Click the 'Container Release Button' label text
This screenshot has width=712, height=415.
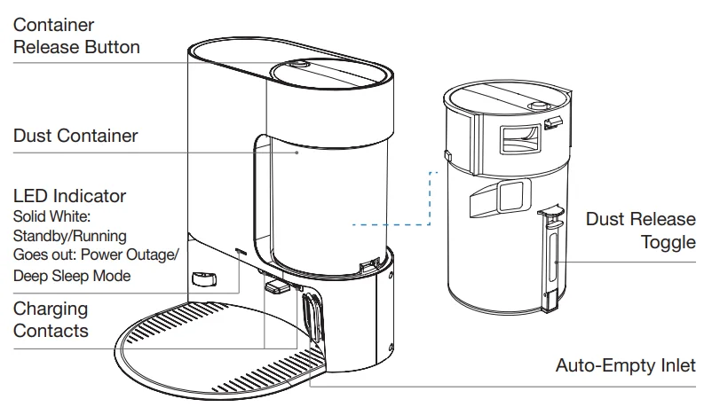(76, 35)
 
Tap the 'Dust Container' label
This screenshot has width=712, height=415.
(75, 136)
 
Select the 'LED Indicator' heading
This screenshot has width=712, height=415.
(69, 196)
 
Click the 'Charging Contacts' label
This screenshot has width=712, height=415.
(51, 319)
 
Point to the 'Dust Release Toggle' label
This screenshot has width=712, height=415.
(641, 231)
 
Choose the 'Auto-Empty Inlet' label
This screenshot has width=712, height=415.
(626, 365)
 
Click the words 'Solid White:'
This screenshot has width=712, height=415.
(51, 216)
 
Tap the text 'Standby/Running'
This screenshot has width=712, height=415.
(70, 236)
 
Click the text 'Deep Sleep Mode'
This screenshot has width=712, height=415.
(72, 275)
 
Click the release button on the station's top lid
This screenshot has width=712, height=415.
(298, 64)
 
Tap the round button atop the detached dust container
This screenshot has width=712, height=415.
(539, 106)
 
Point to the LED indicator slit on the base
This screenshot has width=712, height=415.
(241, 250)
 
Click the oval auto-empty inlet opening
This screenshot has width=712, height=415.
(311, 317)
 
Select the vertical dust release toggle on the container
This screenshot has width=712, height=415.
(551, 260)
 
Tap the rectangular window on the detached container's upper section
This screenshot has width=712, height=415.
(520, 139)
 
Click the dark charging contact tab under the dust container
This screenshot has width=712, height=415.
(276, 286)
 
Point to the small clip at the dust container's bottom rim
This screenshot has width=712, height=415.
(369, 266)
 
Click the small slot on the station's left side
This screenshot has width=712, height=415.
(204, 278)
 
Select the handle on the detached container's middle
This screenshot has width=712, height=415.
(501, 197)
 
